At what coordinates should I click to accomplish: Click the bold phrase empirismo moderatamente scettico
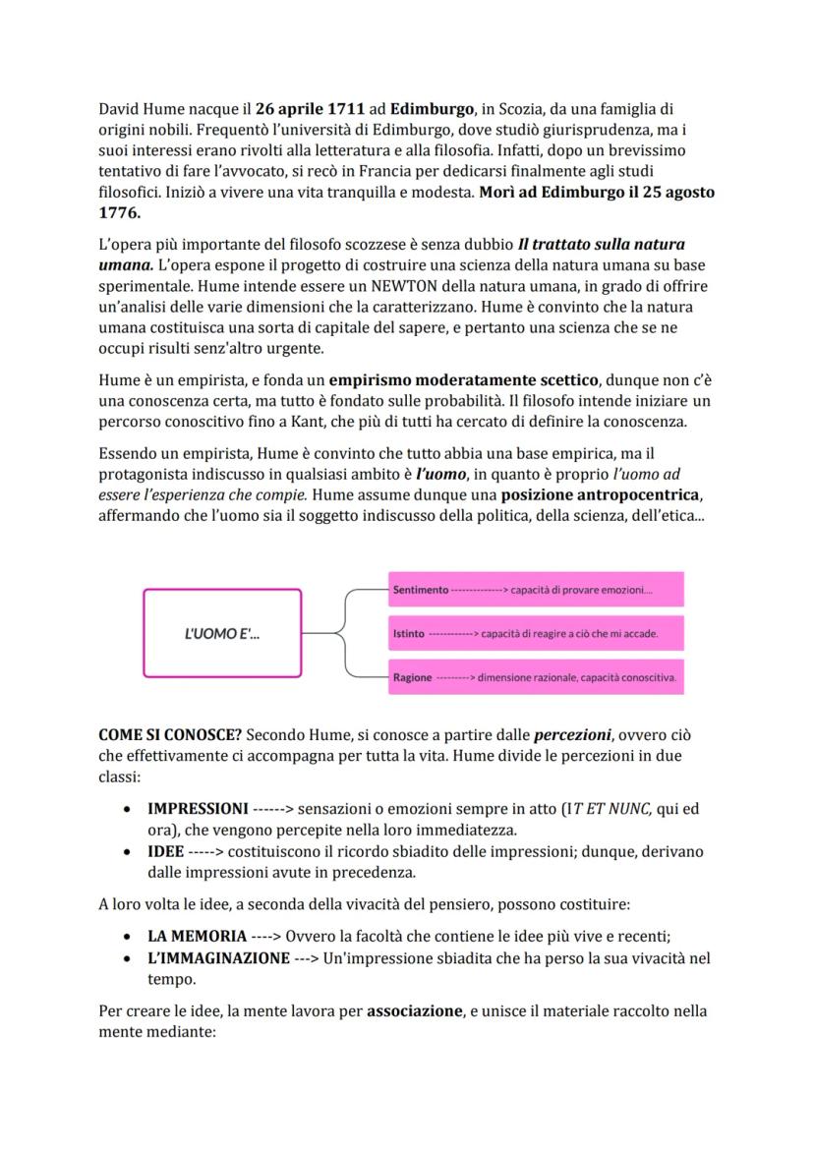(x=463, y=381)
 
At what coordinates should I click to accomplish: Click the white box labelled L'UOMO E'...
(x=222, y=633)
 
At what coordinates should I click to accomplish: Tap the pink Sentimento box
(x=536, y=590)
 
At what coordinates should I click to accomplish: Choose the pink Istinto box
(x=536, y=634)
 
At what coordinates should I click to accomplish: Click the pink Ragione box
(x=536, y=678)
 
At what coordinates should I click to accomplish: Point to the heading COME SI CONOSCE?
(x=170, y=735)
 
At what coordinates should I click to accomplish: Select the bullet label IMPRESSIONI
(x=198, y=809)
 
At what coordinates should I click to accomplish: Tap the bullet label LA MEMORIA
(x=197, y=937)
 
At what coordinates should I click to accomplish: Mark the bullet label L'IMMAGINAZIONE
(x=218, y=957)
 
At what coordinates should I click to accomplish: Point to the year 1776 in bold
(x=119, y=212)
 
